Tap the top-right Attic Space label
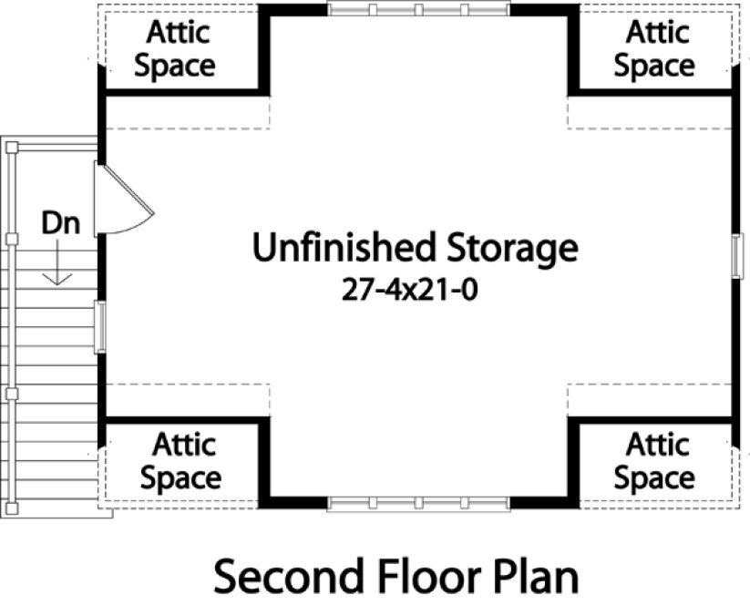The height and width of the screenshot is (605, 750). (655, 49)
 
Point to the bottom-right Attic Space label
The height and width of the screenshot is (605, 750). (655, 462)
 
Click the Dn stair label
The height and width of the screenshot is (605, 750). (59, 222)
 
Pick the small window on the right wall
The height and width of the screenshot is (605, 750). (736, 256)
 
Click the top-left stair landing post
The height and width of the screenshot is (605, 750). (11, 146)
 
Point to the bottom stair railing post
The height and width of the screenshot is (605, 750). (12, 509)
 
